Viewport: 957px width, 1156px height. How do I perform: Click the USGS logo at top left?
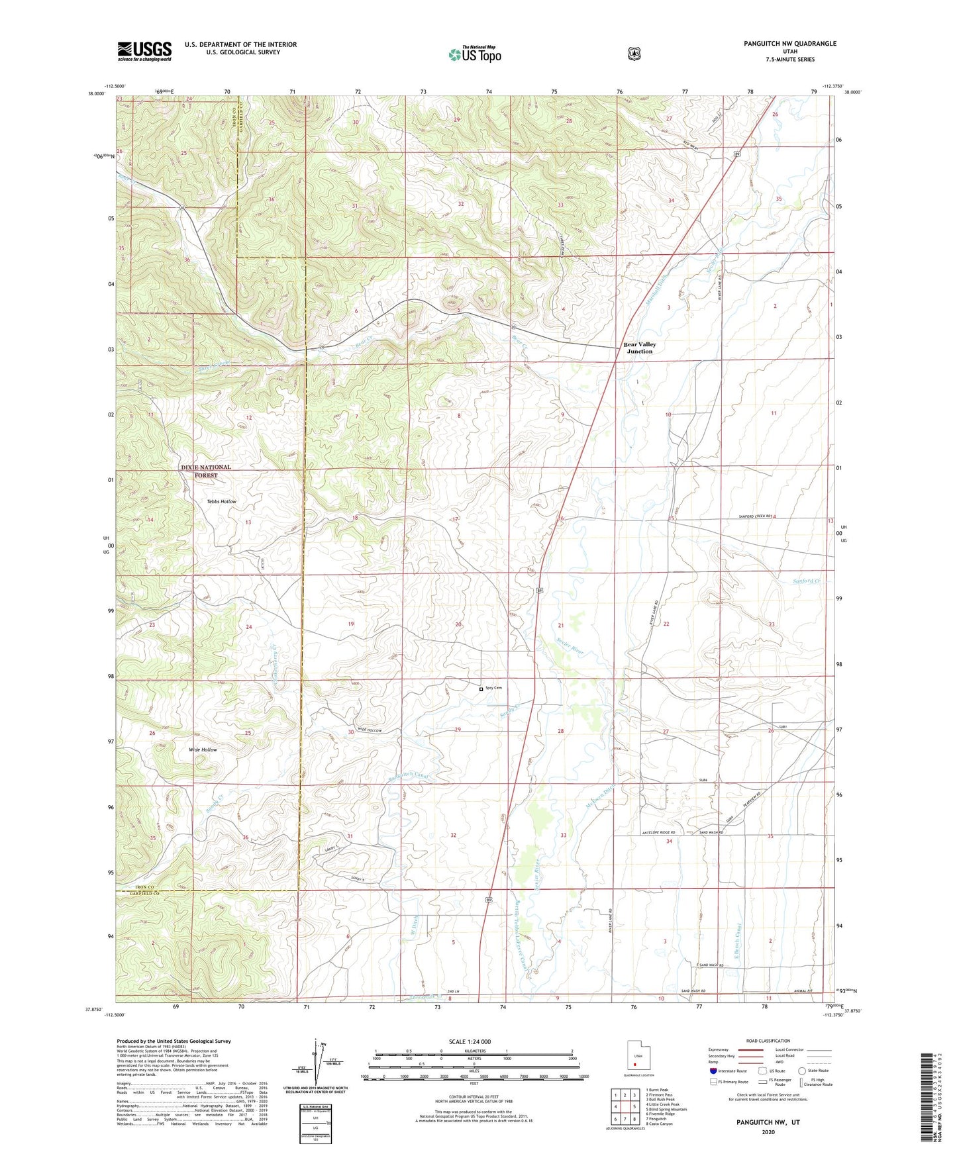[x=144, y=51]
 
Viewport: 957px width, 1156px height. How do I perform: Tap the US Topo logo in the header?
[x=474, y=54]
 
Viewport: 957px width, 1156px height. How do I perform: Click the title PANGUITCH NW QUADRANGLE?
[x=789, y=44]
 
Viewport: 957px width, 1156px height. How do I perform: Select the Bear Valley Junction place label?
[x=639, y=348]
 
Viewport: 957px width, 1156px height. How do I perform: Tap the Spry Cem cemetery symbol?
[x=481, y=689]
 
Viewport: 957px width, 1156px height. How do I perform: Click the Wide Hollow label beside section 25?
[x=203, y=749]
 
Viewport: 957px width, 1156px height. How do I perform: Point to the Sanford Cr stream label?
[x=807, y=581]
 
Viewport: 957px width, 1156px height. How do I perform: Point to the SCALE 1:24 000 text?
[x=470, y=1042]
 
